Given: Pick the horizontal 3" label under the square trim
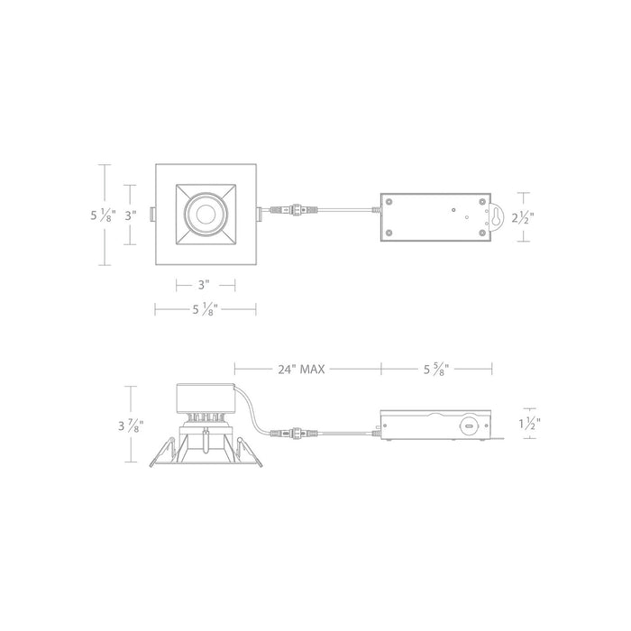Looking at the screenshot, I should tap(206, 286).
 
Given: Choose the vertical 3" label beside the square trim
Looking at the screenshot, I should tap(131, 215).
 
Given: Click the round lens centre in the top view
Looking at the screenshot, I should tap(206, 215).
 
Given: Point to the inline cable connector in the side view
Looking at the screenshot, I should tap(295, 433).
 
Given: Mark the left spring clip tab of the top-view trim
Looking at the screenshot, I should tap(152, 215).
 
